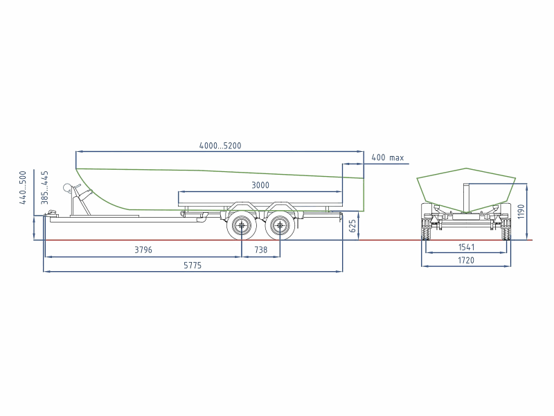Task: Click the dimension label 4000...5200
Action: [220, 146]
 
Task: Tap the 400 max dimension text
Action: [388, 158]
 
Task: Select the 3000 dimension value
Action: [260, 185]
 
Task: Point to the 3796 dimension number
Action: [143, 250]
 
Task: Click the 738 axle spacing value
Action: [261, 250]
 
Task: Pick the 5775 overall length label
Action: [193, 266]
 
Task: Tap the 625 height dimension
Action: [352, 227]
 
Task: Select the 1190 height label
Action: [521, 211]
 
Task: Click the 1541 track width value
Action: [466, 248]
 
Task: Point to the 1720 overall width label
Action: [466, 261]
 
